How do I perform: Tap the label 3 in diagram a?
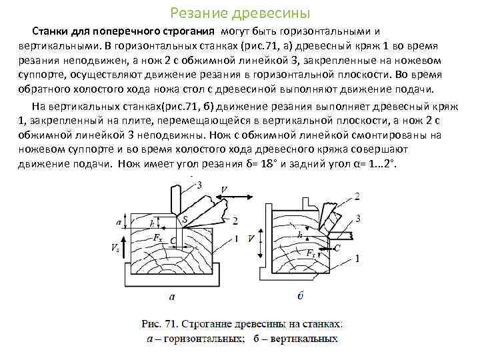(200, 185)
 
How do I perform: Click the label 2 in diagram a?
(235, 221)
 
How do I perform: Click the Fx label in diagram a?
(157, 238)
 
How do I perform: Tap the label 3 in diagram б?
(359, 218)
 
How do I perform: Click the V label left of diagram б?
(250, 238)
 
